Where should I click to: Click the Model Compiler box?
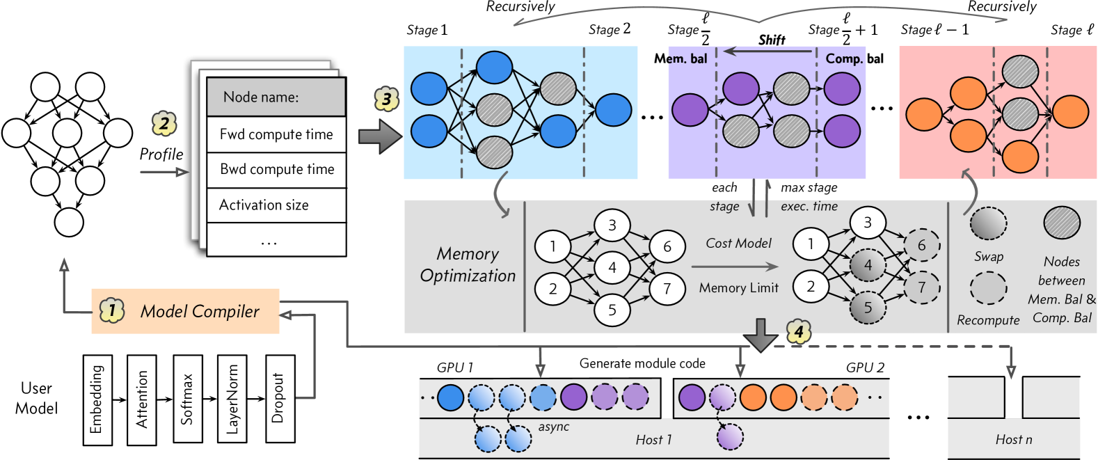186,311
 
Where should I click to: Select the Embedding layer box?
96,399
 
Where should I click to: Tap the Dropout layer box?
280,399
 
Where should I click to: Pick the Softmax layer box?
187,399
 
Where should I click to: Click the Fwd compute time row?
276,134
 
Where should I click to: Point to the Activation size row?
276,205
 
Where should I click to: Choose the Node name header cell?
276,97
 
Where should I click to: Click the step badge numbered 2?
164,124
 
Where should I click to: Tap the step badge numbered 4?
799,332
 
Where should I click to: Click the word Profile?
161,154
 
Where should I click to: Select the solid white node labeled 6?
667,246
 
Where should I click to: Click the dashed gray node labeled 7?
922,287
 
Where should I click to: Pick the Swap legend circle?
988,223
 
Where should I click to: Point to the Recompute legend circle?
988,287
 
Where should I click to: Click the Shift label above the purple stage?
771,40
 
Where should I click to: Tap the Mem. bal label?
680,59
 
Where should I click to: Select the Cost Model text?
738,244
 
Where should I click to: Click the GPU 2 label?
865,367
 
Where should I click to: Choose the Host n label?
1013,439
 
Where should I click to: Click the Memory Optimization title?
468,264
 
